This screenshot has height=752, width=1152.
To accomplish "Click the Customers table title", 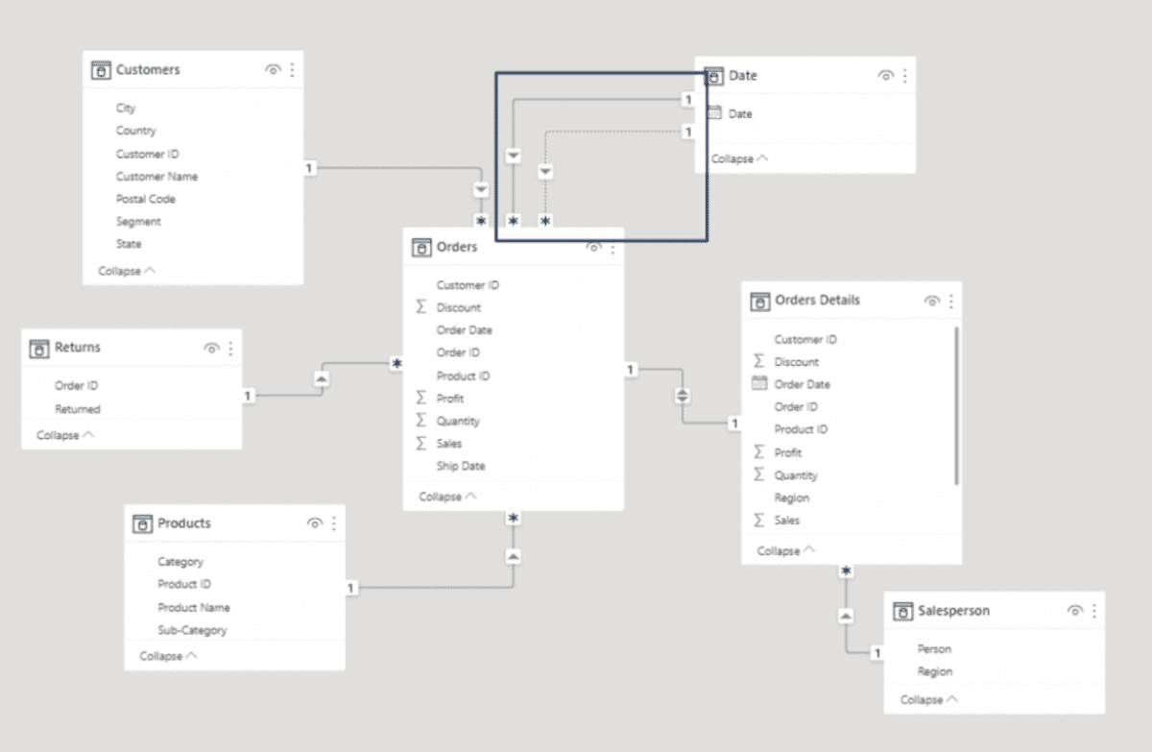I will coord(148,70).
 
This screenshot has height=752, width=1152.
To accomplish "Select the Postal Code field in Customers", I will coord(146,199).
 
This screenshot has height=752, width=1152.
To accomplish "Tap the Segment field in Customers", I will coord(138,222).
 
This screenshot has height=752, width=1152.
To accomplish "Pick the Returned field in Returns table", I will coord(78,409).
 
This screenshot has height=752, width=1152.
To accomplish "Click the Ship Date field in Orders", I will coord(461,466).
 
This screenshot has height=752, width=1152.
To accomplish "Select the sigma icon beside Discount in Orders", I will coord(420,307).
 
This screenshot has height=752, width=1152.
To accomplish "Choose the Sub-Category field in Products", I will coord(192,630).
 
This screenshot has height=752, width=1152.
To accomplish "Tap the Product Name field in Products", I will coord(194,607).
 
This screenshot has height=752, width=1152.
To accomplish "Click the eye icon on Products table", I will coord(314,523).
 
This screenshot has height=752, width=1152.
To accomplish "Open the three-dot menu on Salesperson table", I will coord(1093,611).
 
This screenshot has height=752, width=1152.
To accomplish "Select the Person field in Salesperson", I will coord(934,649).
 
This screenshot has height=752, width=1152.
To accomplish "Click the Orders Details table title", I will coord(817,301).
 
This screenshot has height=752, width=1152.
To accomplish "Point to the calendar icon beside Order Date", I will coord(759,384).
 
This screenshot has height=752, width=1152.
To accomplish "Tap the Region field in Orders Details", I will coord(792,497).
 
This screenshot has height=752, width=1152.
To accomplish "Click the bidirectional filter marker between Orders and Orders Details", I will coord(683,396).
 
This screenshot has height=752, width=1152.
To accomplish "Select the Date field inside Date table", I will coord(740,114).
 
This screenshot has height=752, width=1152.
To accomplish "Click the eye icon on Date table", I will coord(885,76).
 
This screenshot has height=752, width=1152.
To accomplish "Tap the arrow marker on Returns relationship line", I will coord(321,379).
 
